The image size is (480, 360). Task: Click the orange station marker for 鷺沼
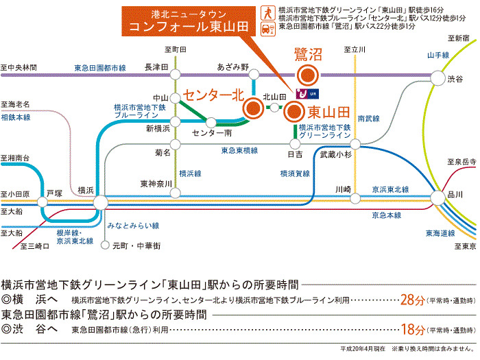coord(308,75)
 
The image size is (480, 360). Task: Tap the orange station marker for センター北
coord(253,108)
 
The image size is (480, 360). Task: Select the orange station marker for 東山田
coord(294,112)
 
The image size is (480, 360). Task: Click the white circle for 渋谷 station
coord(437,78)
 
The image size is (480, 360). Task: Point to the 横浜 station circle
coord(100,202)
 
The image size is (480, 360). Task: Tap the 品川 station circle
coord(438,198)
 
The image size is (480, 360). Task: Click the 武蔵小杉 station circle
coord(355,144)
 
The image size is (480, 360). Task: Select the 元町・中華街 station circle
coord(105,245)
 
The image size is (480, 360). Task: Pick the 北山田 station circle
coord(274,108)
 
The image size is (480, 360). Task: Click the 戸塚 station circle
coord(43,202)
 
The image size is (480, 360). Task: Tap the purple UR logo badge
coord(307,94)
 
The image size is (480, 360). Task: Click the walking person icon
coord(268,14)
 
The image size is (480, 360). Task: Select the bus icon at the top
coord(268,29)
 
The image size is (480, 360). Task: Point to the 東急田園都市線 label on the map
coord(100,68)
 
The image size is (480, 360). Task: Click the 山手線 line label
coord(438,56)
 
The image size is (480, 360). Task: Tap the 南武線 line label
coord(369,119)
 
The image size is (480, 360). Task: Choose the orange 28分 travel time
coord(412,300)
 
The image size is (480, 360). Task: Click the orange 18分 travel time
coord(413,329)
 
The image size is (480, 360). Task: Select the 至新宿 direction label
coord(458,38)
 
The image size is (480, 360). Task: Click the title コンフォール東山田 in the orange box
coord(189,27)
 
